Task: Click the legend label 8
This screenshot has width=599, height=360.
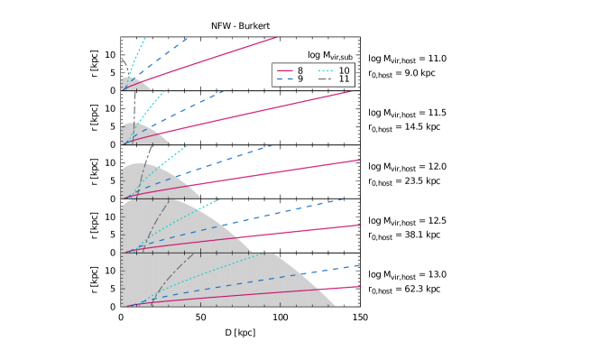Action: coord(299,70)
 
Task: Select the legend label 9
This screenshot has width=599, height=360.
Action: coord(299,79)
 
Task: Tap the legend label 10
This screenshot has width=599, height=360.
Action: coord(344,70)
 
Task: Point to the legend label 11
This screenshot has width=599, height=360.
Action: coord(344,79)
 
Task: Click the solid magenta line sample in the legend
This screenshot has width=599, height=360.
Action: coord(284,70)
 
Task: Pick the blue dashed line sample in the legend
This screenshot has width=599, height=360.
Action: coord(284,79)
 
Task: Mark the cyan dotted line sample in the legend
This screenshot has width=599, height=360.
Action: coord(326,70)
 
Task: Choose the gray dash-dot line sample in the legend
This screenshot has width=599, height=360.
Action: coord(326,79)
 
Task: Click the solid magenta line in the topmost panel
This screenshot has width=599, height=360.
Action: coord(217,57)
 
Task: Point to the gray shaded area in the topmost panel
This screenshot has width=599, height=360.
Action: coord(132,85)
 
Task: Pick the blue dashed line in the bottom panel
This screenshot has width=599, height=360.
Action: coord(271,281)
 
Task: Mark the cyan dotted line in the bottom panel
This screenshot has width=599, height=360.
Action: coord(217,272)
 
